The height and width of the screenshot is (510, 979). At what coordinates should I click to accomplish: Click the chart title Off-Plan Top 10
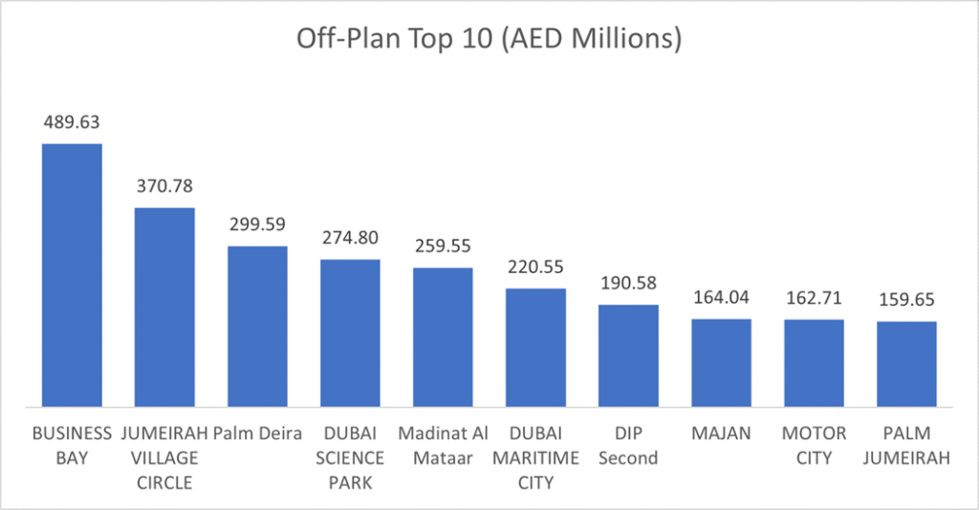click(x=489, y=39)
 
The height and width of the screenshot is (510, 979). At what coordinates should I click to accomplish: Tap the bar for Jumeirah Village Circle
click(x=164, y=306)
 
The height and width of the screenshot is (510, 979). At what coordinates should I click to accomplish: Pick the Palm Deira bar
click(x=257, y=325)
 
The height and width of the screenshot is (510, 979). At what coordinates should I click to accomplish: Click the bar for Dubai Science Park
click(x=350, y=331)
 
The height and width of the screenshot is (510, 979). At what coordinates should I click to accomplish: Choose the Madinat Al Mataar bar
click(x=443, y=335)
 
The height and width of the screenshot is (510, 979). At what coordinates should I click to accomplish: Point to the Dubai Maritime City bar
click(x=535, y=346)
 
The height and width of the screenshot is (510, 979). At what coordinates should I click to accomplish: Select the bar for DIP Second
click(x=628, y=354)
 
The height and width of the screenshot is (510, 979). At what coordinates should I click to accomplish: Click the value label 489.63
click(x=71, y=123)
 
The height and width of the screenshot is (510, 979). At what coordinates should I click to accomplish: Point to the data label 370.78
click(x=164, y=186)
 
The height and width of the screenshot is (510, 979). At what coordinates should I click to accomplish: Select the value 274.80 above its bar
click(x=350, y=239)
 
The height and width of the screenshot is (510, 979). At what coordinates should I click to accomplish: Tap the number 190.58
click(x=628, y=285)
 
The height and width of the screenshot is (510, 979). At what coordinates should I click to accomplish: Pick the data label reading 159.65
click(x=906, y=301)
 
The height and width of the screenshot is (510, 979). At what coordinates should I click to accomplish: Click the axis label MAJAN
click(x=721, y=434)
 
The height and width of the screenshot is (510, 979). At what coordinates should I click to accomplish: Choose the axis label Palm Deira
click(x=257, y=434)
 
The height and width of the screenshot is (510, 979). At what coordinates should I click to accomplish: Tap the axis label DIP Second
click(x=628, y=446)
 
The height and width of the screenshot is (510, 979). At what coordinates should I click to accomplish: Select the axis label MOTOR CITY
click(x=814, y=446)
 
